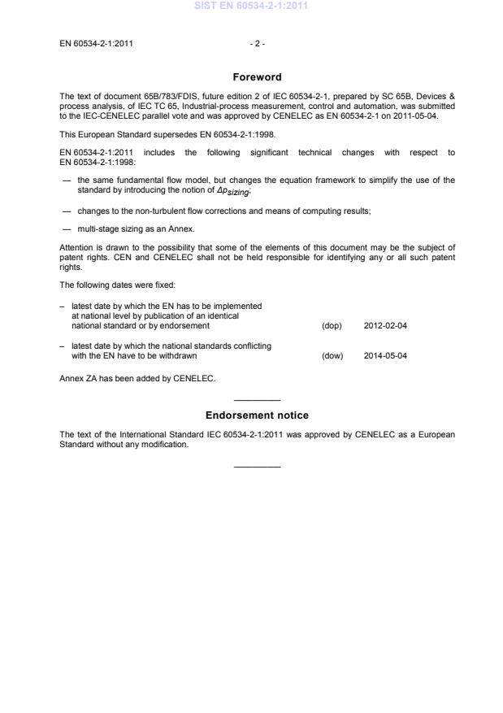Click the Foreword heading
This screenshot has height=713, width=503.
257,77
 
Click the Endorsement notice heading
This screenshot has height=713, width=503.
257,415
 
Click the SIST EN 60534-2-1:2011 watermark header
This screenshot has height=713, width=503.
251,6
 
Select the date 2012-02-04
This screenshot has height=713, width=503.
385,325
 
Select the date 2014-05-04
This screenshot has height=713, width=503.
385,355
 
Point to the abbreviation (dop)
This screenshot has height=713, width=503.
332,325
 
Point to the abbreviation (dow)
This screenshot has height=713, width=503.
332,355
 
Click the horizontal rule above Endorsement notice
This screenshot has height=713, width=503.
257,400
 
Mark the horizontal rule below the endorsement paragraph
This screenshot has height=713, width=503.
257,467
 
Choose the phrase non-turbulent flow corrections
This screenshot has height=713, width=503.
176,211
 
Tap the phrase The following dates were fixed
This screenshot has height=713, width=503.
106,285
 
